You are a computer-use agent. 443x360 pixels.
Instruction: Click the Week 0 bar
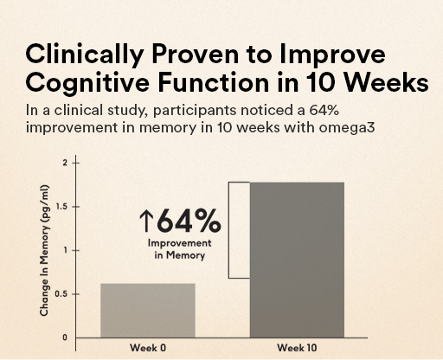tap(148, 310)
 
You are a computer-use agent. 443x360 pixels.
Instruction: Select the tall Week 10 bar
tap(296, 260)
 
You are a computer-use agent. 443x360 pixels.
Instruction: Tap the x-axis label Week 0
tap(147, 348)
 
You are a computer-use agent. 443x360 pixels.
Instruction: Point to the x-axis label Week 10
tap(296, 348)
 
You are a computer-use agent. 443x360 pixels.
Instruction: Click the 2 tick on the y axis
tap(64, 163)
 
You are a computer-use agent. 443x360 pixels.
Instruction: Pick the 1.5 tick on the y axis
tap(61, 207)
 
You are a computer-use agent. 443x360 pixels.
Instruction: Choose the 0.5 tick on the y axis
tap(61, 294)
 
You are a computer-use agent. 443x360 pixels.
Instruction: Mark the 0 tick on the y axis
tap(64, 337)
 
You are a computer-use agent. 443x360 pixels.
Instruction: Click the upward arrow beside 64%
tap(145, 222)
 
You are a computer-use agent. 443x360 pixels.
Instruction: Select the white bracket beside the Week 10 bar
tap(239, 230)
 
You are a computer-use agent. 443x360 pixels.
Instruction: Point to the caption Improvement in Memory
tap(180, 249)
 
